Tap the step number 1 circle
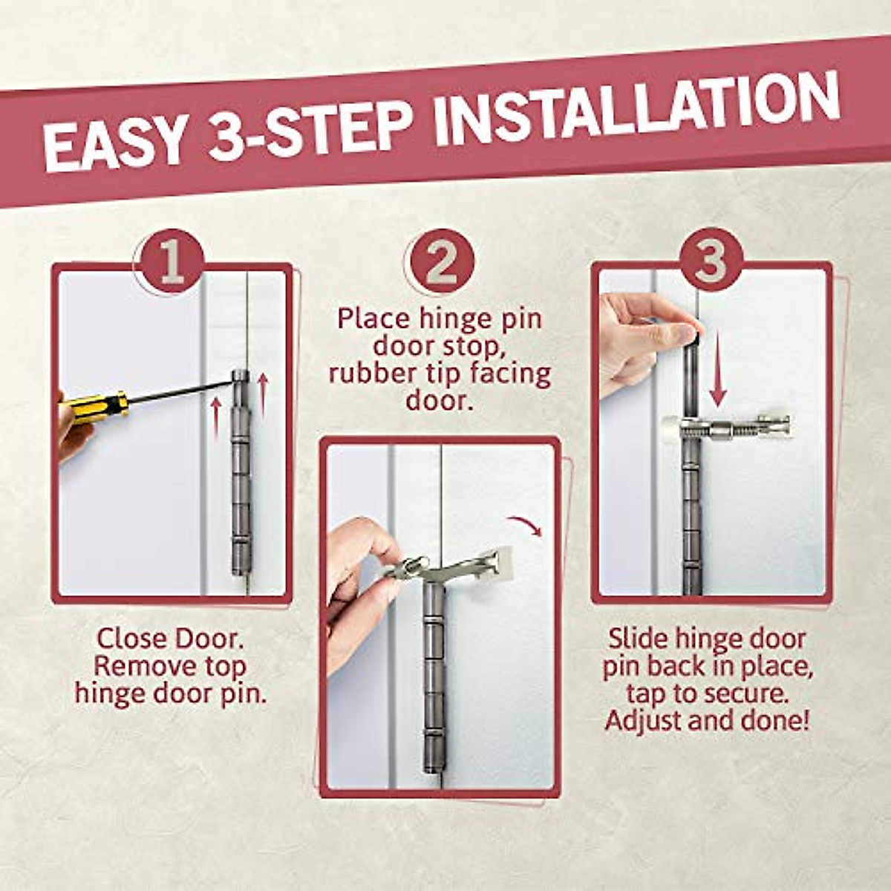[171, 261]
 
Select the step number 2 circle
[440, 261]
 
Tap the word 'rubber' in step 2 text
[379, 373]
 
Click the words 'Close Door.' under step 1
[170, 638]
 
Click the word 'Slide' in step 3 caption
[639, 638]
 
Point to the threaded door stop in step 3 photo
[728, 428]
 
